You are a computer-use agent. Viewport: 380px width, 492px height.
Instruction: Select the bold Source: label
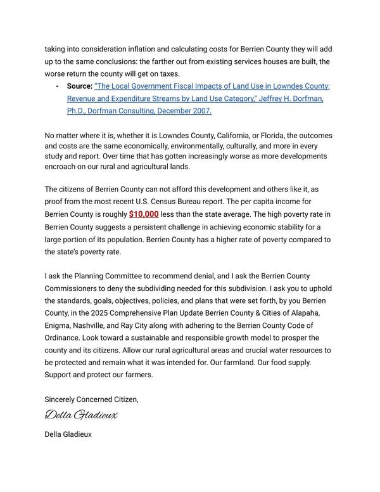[79, 86]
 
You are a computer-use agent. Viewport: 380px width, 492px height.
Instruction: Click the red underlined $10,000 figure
[144, 215]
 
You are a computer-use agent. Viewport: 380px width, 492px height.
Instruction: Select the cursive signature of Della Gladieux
[81, 415]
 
